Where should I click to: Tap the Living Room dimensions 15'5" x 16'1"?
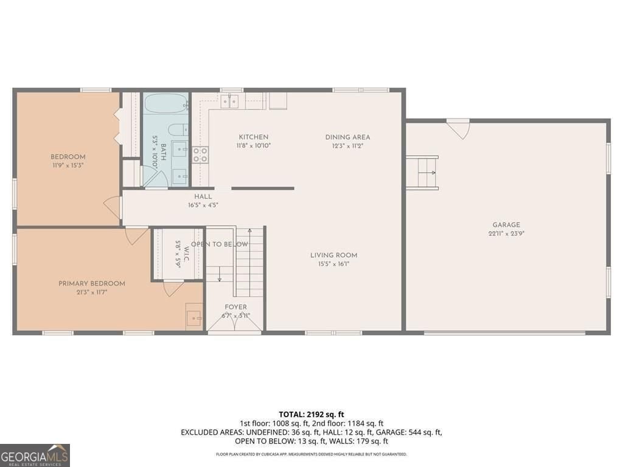point(333,264)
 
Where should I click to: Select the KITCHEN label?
point(253,137)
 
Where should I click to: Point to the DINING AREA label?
point(347,137)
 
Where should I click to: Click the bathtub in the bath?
point(166,104)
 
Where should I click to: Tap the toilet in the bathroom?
point(177,130)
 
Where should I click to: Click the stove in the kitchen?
point(200,154)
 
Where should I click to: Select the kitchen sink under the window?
point(229,102)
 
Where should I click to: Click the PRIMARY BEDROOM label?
point(92,283)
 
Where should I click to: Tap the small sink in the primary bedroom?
point(193,317)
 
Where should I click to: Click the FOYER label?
point(235,307)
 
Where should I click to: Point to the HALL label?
point(203,196)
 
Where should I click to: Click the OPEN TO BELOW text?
point(220,244)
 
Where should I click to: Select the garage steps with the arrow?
point(422,173)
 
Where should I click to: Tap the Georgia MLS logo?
point(35,455)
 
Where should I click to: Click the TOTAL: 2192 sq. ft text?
point(311,415)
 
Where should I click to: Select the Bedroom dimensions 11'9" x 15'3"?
point(68,165)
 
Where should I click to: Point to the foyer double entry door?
point(235,326)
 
